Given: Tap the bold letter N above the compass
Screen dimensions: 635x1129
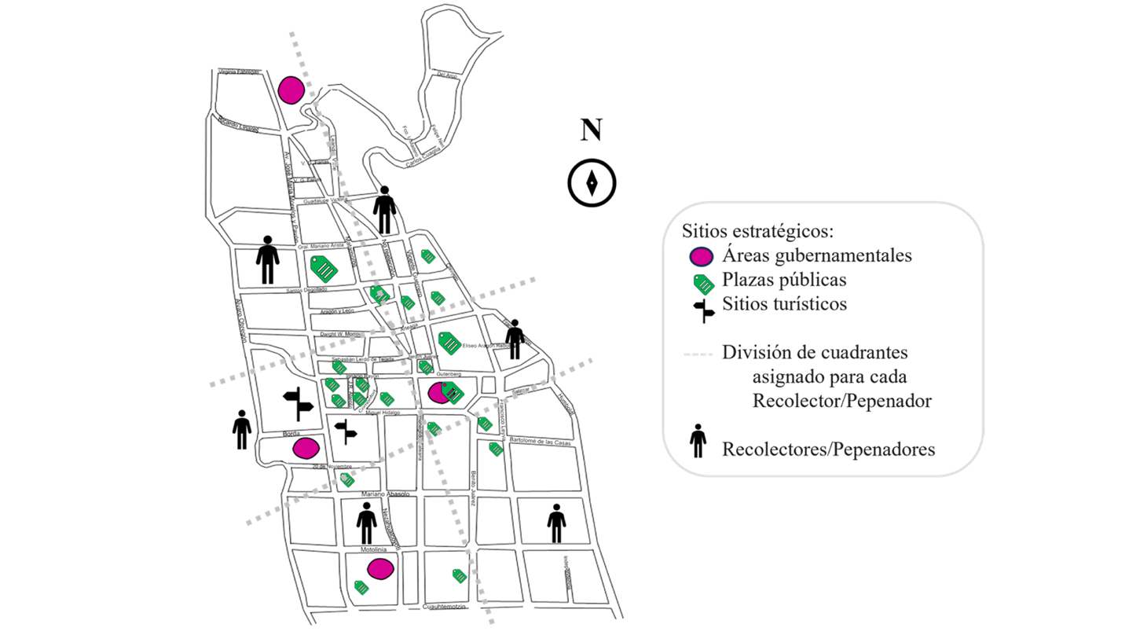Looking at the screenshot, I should click(x=591, y=130).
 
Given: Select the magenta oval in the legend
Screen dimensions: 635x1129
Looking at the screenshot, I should click(x=701, y=256).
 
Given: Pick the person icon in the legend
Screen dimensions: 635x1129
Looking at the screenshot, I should click(x=698, y=442).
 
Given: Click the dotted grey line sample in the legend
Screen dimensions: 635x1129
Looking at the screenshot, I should click(x=698, y=354).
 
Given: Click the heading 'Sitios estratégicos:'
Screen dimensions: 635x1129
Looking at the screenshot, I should click(x=757, y=232).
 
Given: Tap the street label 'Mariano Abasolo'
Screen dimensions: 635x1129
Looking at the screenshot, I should click(x=385, y=494).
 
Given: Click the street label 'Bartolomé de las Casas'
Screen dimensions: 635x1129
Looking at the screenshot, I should click(x=543, y=441).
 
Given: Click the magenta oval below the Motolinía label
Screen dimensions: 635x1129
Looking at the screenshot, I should click(x=380, y=569).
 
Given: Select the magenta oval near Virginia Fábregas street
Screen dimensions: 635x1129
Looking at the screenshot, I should click(x=291, y=90).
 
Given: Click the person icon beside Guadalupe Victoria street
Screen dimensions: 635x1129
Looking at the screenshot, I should click(x=384, y=210).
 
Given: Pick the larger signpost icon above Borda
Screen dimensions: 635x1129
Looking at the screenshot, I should click(x=298, y=403).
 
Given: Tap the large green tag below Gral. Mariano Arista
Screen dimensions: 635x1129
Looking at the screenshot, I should click(x=324, y=270).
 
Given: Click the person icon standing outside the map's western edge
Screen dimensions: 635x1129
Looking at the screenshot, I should click(x=241, y=430).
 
